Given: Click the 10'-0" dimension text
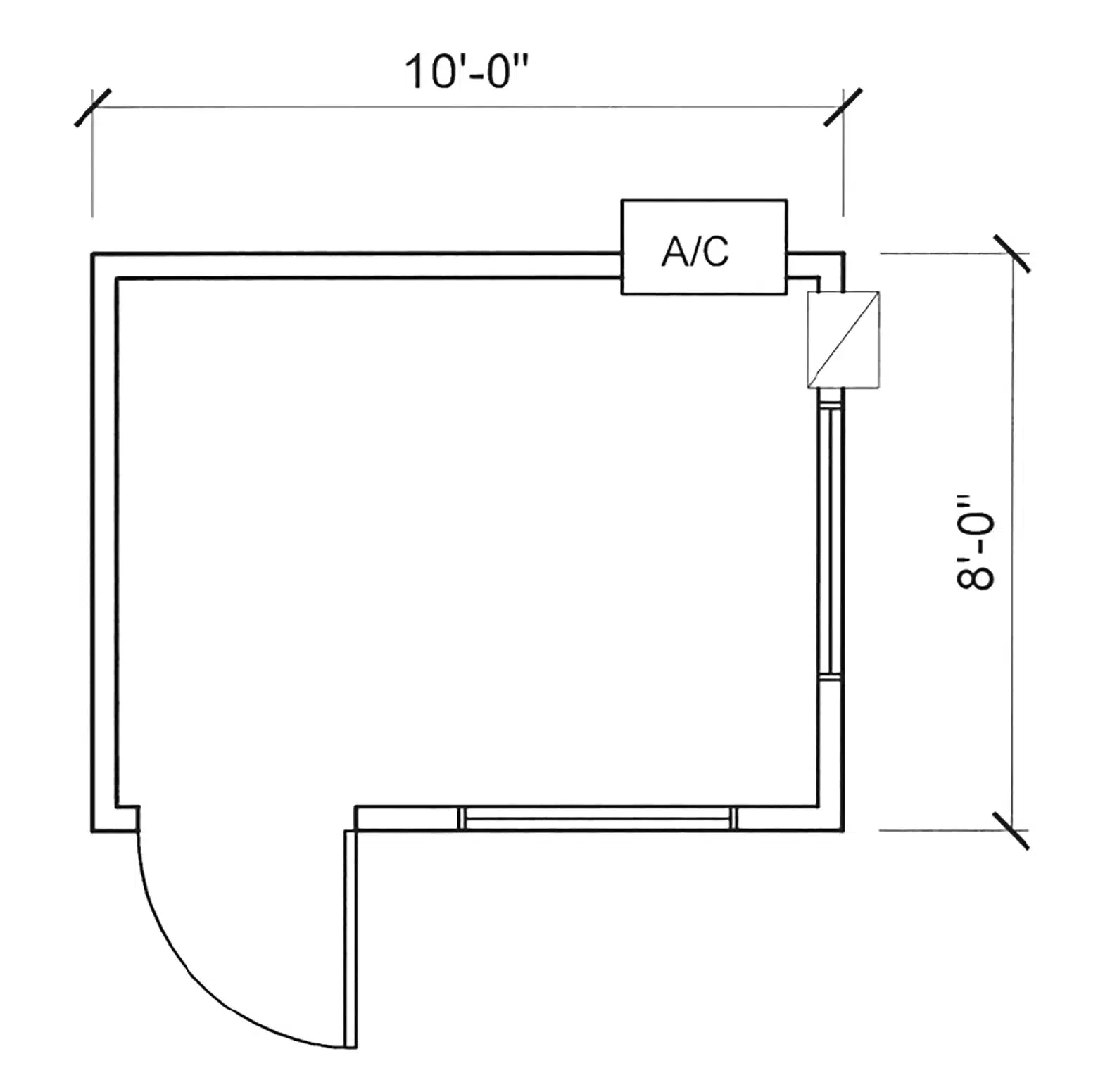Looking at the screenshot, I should (x=466, y=72).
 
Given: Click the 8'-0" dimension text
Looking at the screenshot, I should (x=976, y=541).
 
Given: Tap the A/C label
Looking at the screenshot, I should (x=695, y=251).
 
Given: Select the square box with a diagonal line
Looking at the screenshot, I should (x=843, y=339).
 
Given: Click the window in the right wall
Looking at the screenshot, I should (x=831, y=540).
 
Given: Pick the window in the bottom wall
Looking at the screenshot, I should (x=597, y=819).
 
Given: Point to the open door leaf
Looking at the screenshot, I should (x=351, y=939).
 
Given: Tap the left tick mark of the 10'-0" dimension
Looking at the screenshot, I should (x=92, y=108).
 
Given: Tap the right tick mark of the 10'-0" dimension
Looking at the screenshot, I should (x=843, y=107).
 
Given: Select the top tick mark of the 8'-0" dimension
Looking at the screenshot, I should (x=1012, y=253).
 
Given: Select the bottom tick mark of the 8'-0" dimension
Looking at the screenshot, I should (x=1011, y=830).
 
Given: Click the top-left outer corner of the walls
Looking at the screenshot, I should (x=93, y=253).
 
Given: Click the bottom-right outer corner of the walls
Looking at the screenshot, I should (x=843, y=831).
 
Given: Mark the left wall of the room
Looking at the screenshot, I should (x=104, y=542).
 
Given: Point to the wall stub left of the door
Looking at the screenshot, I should (x=115, y=819).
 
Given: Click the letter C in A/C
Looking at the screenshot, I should (x=715, y=252).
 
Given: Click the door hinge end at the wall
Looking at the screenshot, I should (x=351, y=833).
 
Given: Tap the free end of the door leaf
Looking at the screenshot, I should (x=351, y=1047).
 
